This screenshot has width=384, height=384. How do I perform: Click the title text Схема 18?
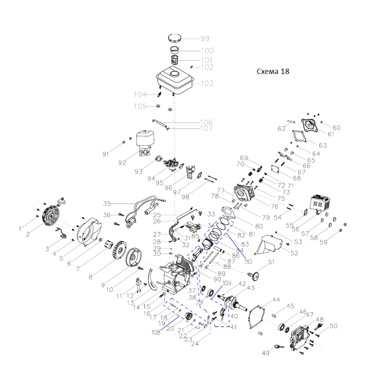click(x=273, y=72)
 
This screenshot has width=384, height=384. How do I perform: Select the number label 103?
click(x=207, y=83)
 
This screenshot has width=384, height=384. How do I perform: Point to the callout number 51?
click(x=271, y=262)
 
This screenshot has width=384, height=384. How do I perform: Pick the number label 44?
click(x=276, y=300)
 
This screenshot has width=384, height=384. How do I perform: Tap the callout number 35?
click(x=107, y=203)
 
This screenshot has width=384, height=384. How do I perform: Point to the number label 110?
click(x=247, y=262)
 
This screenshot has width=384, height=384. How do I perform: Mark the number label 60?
click(x=336, y=128)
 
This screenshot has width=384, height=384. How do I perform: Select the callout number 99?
click(x=205, y=39)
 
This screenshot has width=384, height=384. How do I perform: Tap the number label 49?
click(x=265, y=353)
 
